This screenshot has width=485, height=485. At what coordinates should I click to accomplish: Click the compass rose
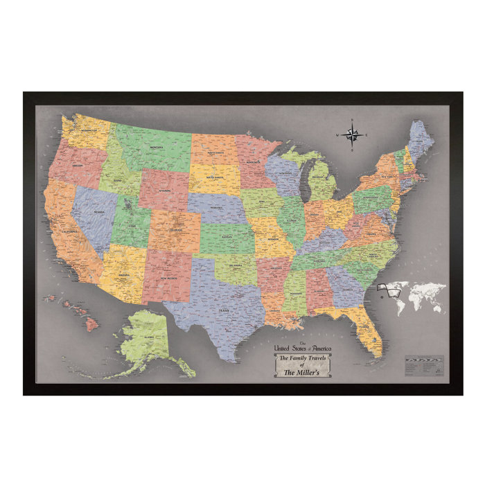pyautogui.click(x=351, y=134)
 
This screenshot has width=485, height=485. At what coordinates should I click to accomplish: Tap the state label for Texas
pyautogui.click(x=223, y=311)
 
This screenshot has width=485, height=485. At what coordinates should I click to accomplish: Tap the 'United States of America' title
pyautogui.click(x=303, y=347)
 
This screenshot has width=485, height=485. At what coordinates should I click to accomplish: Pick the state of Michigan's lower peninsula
pyautogui.click(x=322, y=182)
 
